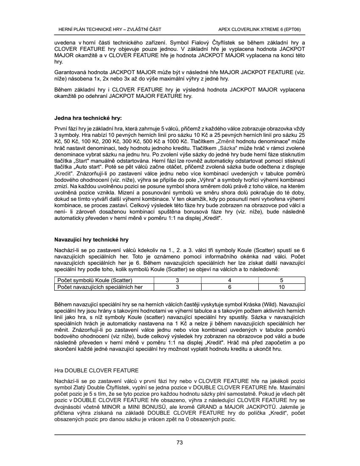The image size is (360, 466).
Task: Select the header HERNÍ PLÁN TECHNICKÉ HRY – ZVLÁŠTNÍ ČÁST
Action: (109, 29)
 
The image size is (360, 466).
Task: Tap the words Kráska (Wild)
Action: (264, 305)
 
